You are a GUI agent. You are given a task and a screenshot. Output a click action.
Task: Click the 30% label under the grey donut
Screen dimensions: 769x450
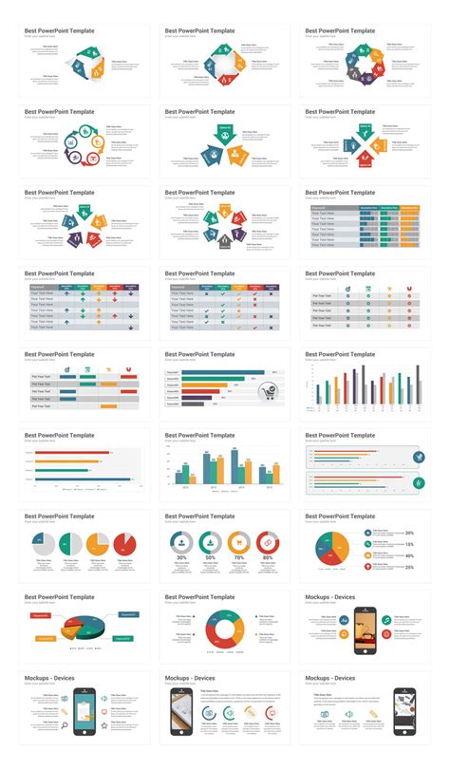click(x=181, y=556)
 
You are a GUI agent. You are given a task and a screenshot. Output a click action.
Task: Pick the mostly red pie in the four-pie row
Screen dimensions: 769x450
click(x=124, y=544)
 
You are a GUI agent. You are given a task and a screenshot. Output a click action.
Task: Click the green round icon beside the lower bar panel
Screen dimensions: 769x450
click(x=420, y=483)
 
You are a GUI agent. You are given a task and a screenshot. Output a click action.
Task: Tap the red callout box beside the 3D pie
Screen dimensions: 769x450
click(x=43, y=615)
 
